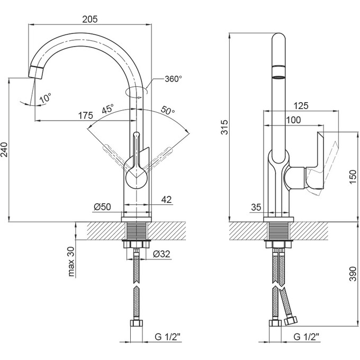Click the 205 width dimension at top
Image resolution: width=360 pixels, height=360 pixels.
point(90,19)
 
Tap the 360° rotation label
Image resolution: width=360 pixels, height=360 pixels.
point(173,79)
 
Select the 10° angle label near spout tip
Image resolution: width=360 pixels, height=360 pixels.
point(46,98)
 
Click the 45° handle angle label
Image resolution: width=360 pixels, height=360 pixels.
point(108,110)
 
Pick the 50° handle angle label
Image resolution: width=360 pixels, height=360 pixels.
point(167,111)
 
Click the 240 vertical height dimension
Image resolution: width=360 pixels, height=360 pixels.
point(5,151)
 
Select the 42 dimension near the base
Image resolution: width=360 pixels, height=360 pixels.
point(166,200)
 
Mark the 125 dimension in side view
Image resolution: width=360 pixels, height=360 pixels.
point(300,106)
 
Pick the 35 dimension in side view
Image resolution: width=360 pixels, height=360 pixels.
point(256,207)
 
